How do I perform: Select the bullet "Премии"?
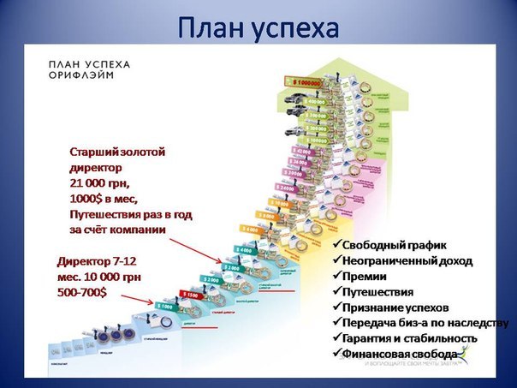[364, 276]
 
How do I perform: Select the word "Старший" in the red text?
[93, 152]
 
